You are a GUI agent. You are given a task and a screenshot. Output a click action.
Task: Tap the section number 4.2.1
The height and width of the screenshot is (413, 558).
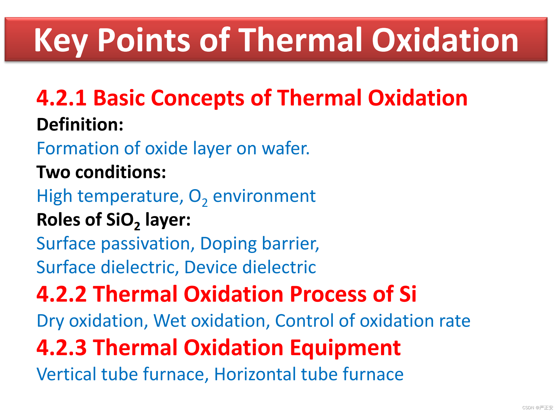tap(62, 98)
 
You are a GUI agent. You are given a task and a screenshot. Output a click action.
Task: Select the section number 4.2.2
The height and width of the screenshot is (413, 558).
tap(62, 294)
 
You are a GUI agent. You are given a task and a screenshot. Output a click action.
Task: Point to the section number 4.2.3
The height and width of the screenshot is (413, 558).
tap(62, 347)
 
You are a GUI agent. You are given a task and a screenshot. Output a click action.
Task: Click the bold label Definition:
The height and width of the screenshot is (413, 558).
tap(80, 125)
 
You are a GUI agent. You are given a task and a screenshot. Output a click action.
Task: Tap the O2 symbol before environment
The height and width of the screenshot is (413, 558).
tap(198, 197)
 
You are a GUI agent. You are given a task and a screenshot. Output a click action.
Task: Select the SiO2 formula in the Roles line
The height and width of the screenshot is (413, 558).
tap(123, 221)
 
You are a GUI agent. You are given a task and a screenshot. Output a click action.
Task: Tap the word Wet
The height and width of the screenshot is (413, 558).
tap(170, 321)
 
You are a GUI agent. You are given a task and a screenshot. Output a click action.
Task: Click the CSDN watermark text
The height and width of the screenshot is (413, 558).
tap(538, 408)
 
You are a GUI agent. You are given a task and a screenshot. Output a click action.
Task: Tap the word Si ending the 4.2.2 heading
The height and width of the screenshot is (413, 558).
tap(408, 294)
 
